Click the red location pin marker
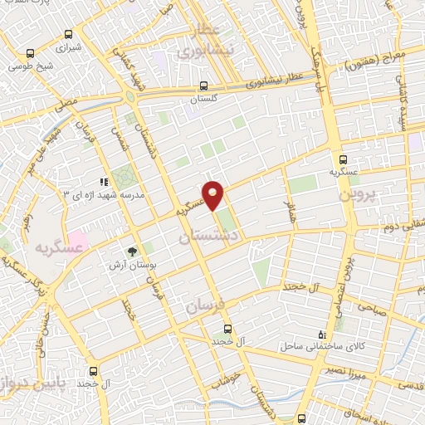(x=213, y=194)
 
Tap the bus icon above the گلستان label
(x=203, y=85)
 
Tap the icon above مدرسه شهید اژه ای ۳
(x=104, y=182)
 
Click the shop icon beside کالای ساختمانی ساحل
(x=323, y=334)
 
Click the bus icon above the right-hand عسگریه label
(x=341, y=159)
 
